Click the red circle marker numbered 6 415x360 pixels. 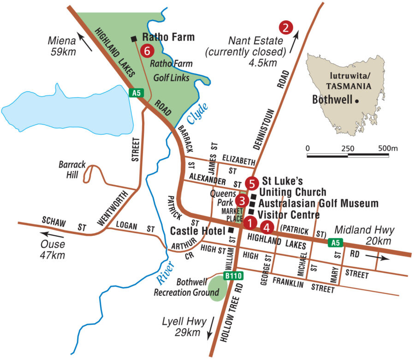147,51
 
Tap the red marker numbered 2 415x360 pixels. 286,27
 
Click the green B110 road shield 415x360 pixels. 233,276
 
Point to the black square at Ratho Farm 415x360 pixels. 134,38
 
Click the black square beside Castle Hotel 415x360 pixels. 231,230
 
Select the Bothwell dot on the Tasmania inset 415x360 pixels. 357,100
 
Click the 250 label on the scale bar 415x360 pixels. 347,149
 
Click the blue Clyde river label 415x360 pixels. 198,114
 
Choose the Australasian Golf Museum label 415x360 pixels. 318,203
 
